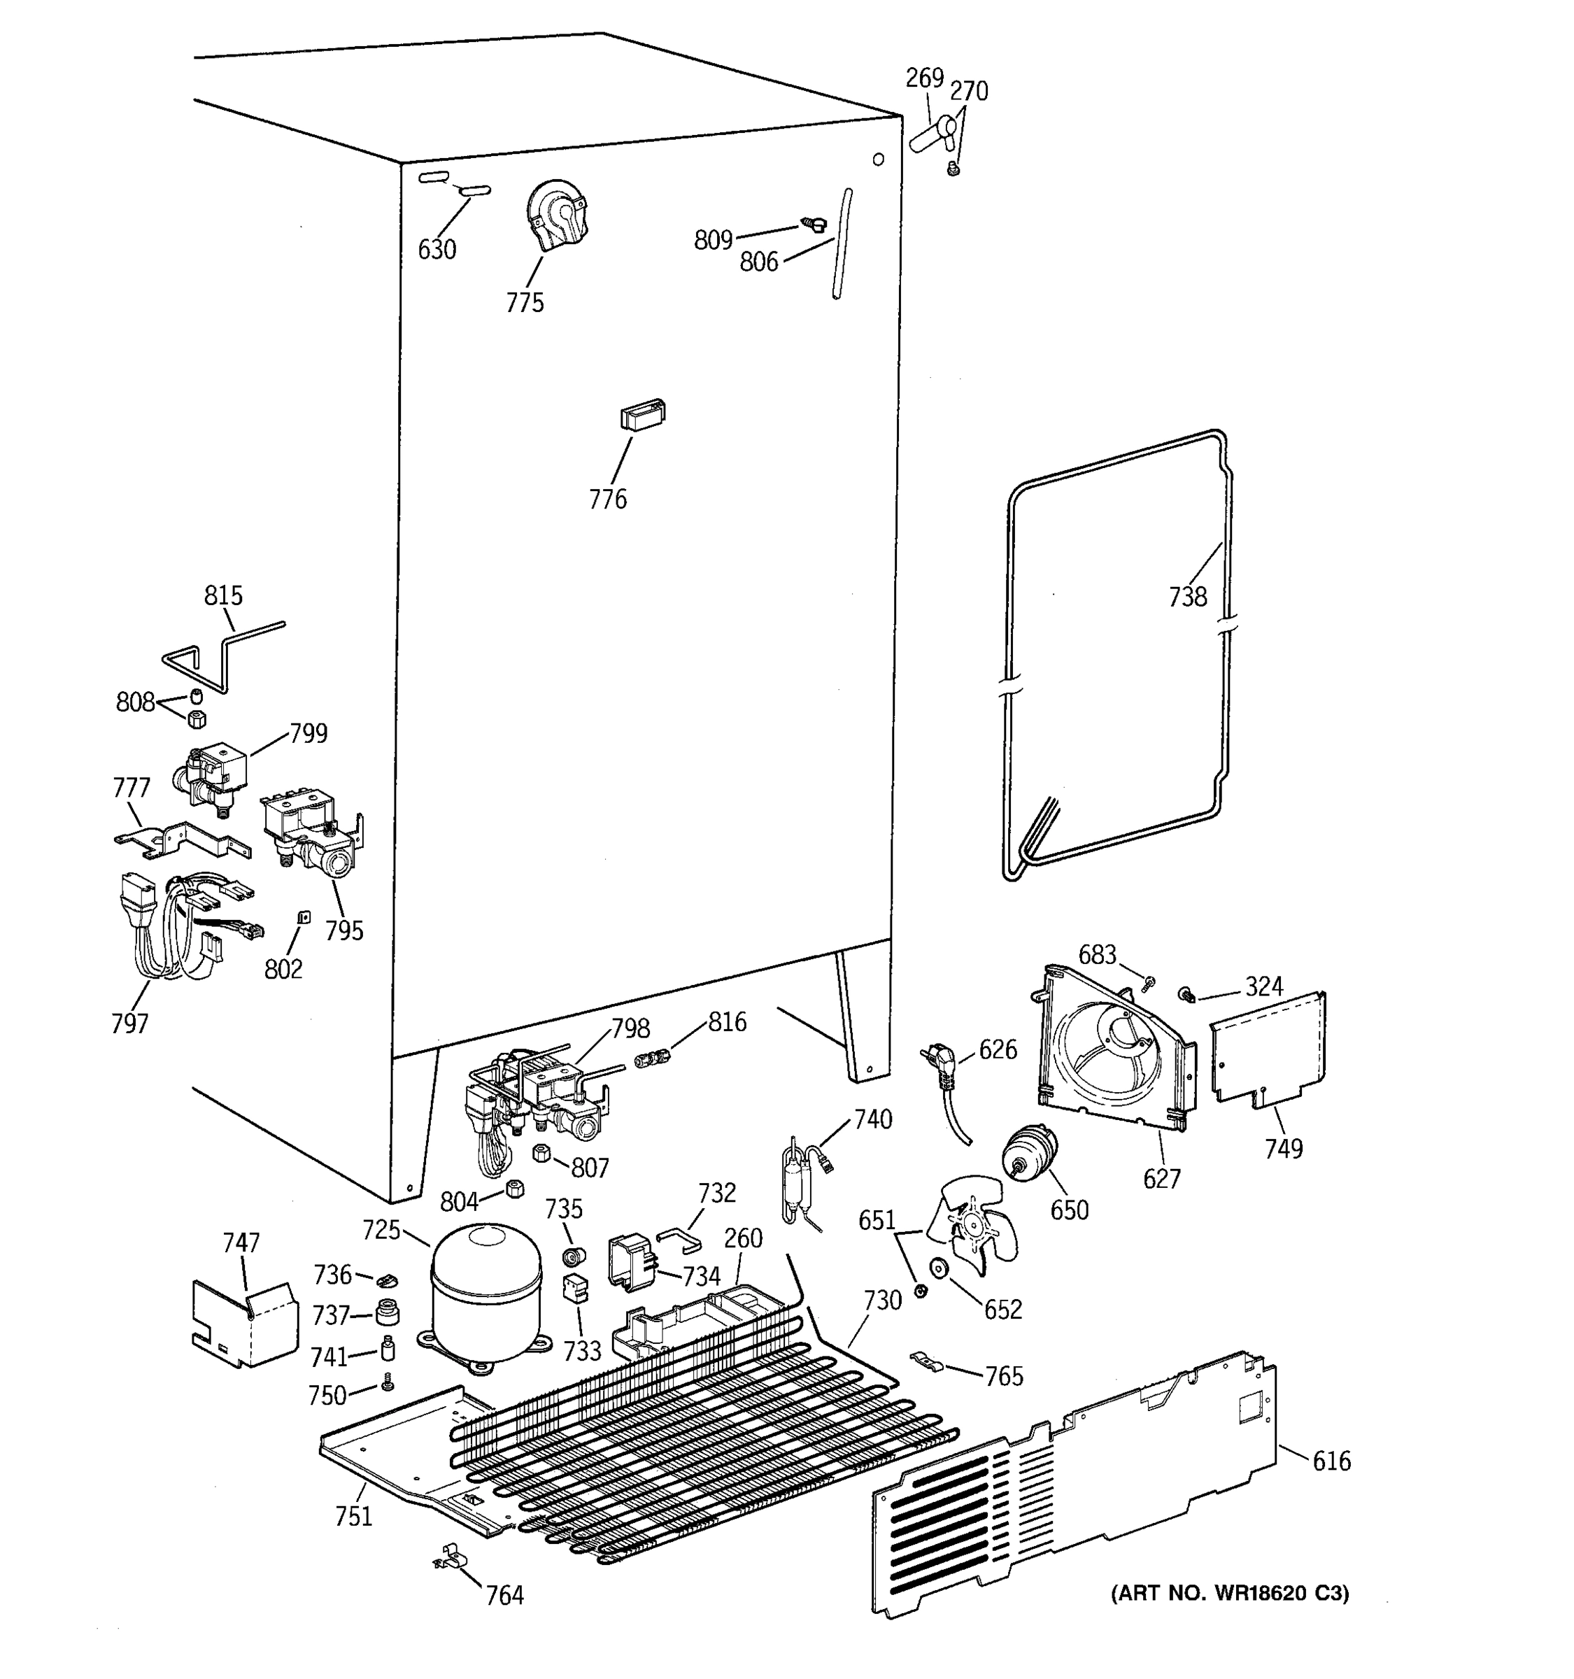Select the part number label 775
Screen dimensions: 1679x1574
[x=525, y=302]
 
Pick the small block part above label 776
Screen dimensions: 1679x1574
[x=643, y=415]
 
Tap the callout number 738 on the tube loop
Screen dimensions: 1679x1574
[x=1187, y=597]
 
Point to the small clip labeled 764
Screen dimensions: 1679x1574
[x=452, y=1557]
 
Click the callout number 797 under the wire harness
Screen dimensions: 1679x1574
[x=129, y=1023]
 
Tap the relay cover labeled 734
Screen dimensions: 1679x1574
[x=632, y=1263]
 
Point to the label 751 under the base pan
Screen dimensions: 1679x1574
[x=353, y=1517]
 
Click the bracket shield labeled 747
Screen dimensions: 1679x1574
[x=245, y=1324]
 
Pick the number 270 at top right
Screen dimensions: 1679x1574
[x=969, y=91]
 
